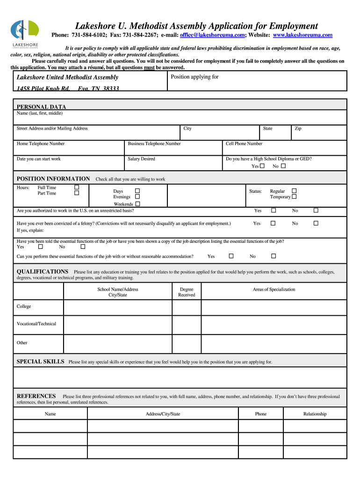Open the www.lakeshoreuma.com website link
[302, 35]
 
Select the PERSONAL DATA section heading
[42, 107]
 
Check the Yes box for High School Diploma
[262, 166]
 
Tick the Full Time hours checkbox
[77, 188]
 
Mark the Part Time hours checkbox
[77, 193]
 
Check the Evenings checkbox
[137, 197]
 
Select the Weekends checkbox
[137, 204]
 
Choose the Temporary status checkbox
[294, 197]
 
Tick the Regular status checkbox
[294, 191]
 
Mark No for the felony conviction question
[316, 224]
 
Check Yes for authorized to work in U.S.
[274, 210]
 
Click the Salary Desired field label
[141, 159]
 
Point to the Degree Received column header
[186, 292]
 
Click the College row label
[24, 306]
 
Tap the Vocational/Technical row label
[36, 324]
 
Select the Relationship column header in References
[315, 414]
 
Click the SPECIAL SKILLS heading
[41, 362]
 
